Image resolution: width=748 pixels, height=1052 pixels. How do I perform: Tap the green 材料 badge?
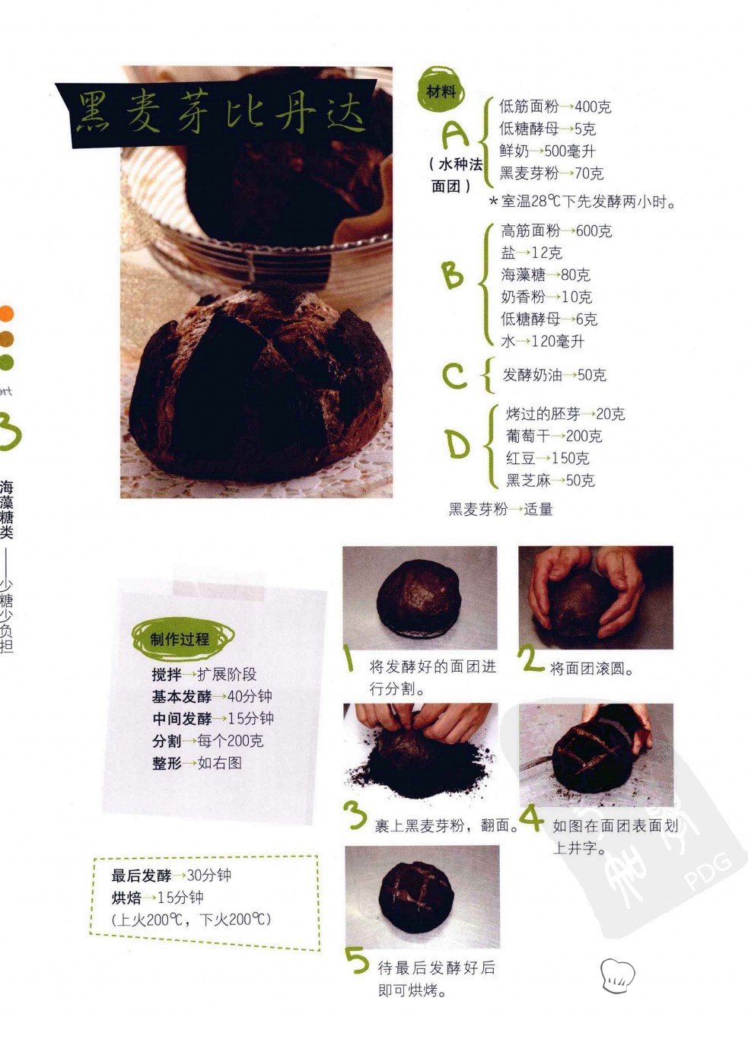[x=441, y=90]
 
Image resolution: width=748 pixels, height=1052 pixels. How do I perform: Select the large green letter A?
[x=455, y=134]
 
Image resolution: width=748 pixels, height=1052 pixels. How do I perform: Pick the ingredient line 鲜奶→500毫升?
[x=547, y=151]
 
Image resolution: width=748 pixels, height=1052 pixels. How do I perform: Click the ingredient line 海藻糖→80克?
[x=546, y=275]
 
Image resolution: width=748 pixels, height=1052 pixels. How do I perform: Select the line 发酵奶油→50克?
[x=555, y=375]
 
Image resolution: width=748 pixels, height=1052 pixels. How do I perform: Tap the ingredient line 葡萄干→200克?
[x=553, y=436]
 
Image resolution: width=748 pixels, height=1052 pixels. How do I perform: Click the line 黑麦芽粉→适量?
[x=501, y=509]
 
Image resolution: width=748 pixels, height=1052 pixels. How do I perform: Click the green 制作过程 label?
[x=181, y=639]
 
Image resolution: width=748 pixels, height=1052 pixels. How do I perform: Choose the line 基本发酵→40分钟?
[x=212, y=696]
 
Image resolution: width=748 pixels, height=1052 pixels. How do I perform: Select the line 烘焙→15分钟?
[x=158, y=898]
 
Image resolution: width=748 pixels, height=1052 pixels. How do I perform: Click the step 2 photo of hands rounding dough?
[x=595, y=597]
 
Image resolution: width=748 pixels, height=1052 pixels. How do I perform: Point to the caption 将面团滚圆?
[x=591, y=669]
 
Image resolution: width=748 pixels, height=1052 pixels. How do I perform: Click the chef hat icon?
[x=617, y=976]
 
